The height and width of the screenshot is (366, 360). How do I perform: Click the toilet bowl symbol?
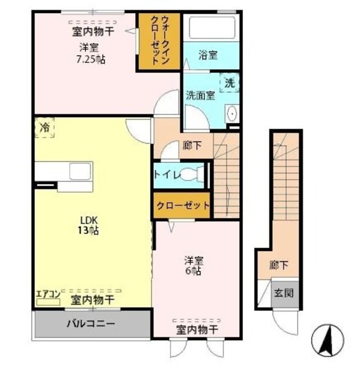[x=192, y=174]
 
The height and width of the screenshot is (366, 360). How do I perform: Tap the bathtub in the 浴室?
[x=211, y=28]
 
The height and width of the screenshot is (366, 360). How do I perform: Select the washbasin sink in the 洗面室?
[x=232, y=113]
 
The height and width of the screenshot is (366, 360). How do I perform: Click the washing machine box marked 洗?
[x=230, y=82]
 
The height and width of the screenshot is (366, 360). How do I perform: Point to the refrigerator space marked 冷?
[x=45, y=128]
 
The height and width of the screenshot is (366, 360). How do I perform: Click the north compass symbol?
[x=328, y=340]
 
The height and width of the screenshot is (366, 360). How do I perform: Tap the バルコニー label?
[x=91, y=324]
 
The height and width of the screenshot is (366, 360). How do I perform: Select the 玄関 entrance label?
[x=283, y=293]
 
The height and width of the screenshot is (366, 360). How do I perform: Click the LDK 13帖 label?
[x=88, y=225]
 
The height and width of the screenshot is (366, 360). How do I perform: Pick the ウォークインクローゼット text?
[x=160, y=40]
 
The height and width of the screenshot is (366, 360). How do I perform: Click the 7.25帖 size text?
[x=91, y=59]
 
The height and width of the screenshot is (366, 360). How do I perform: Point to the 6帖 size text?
[x=194, y=271]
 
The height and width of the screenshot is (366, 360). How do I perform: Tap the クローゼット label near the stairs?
[x=182, y=205]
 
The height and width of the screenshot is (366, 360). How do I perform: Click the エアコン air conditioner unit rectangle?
[x=48, y=303]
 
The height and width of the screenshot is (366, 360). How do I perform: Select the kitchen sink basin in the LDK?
[x=80, y=171]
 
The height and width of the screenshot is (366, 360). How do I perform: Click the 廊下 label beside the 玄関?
[x=278, y=265]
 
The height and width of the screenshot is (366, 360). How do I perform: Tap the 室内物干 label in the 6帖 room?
[x=197, y=330]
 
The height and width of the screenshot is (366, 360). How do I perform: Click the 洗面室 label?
[x=200, y=96]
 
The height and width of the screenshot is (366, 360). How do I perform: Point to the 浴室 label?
[x=208, y=55]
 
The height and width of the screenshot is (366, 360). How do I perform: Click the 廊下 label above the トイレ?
[x=192, y=146]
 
